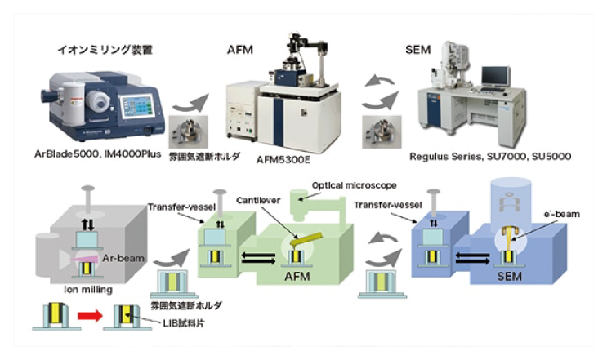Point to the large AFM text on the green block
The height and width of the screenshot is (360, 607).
tap(301, 278)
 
